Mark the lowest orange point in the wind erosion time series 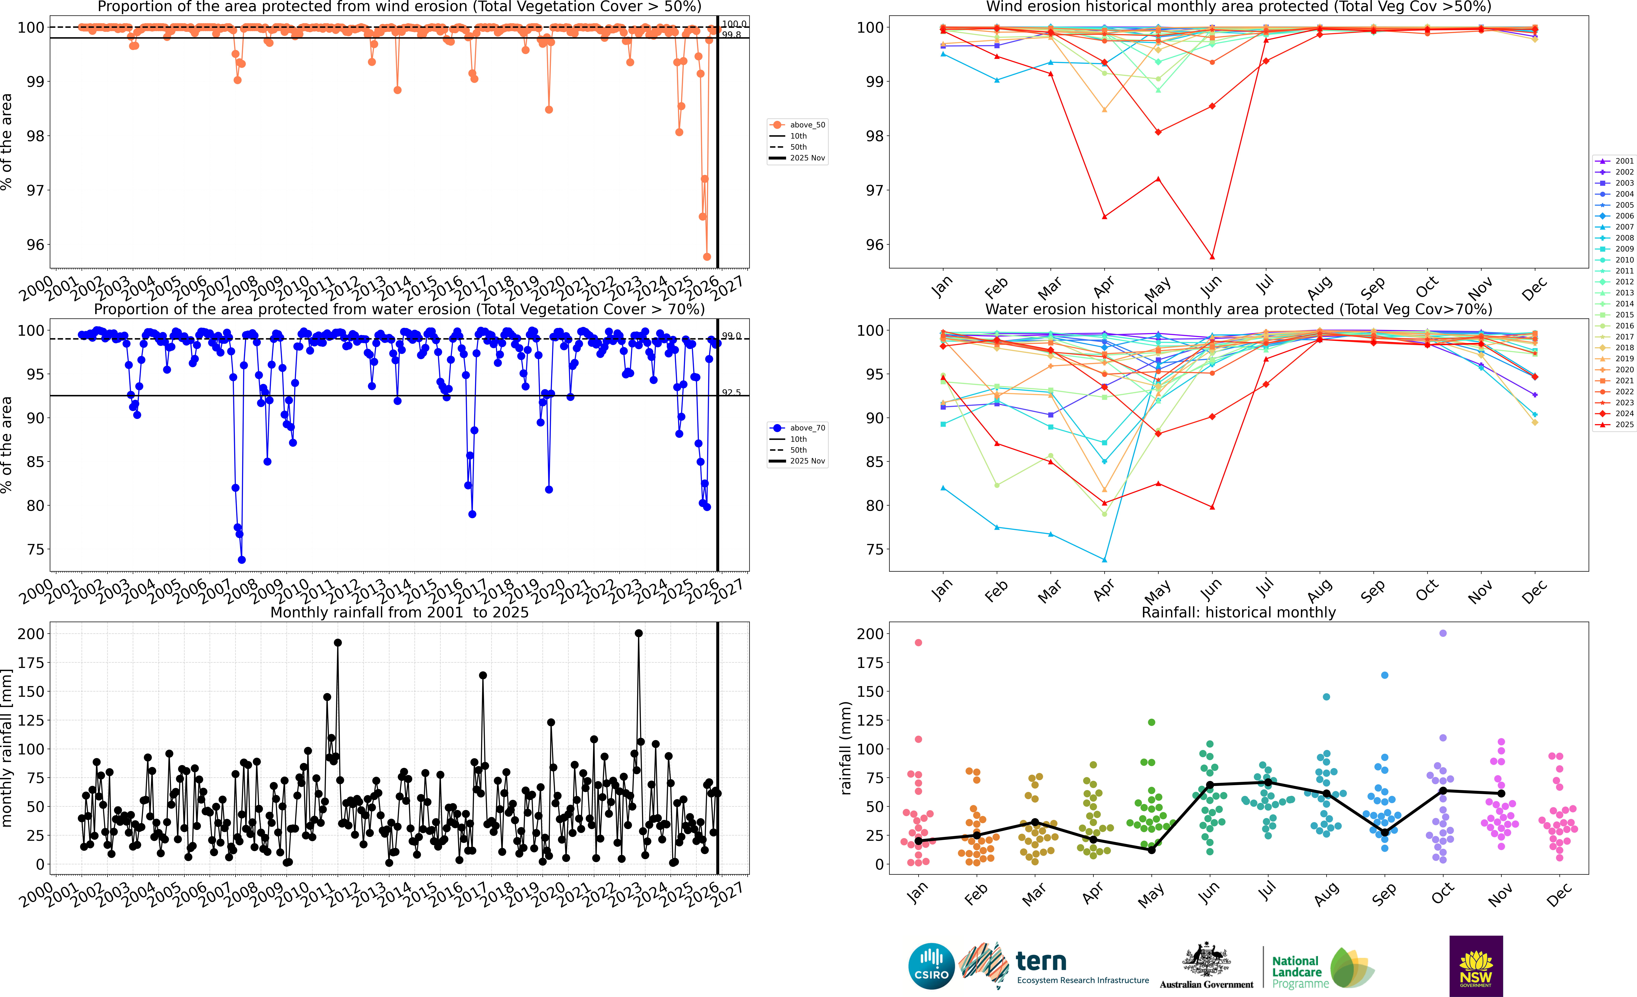click(707, 257)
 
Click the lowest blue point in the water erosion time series click(242, 560)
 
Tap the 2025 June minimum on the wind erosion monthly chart click(1212, 257)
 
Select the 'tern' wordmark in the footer click(1041, 961)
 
